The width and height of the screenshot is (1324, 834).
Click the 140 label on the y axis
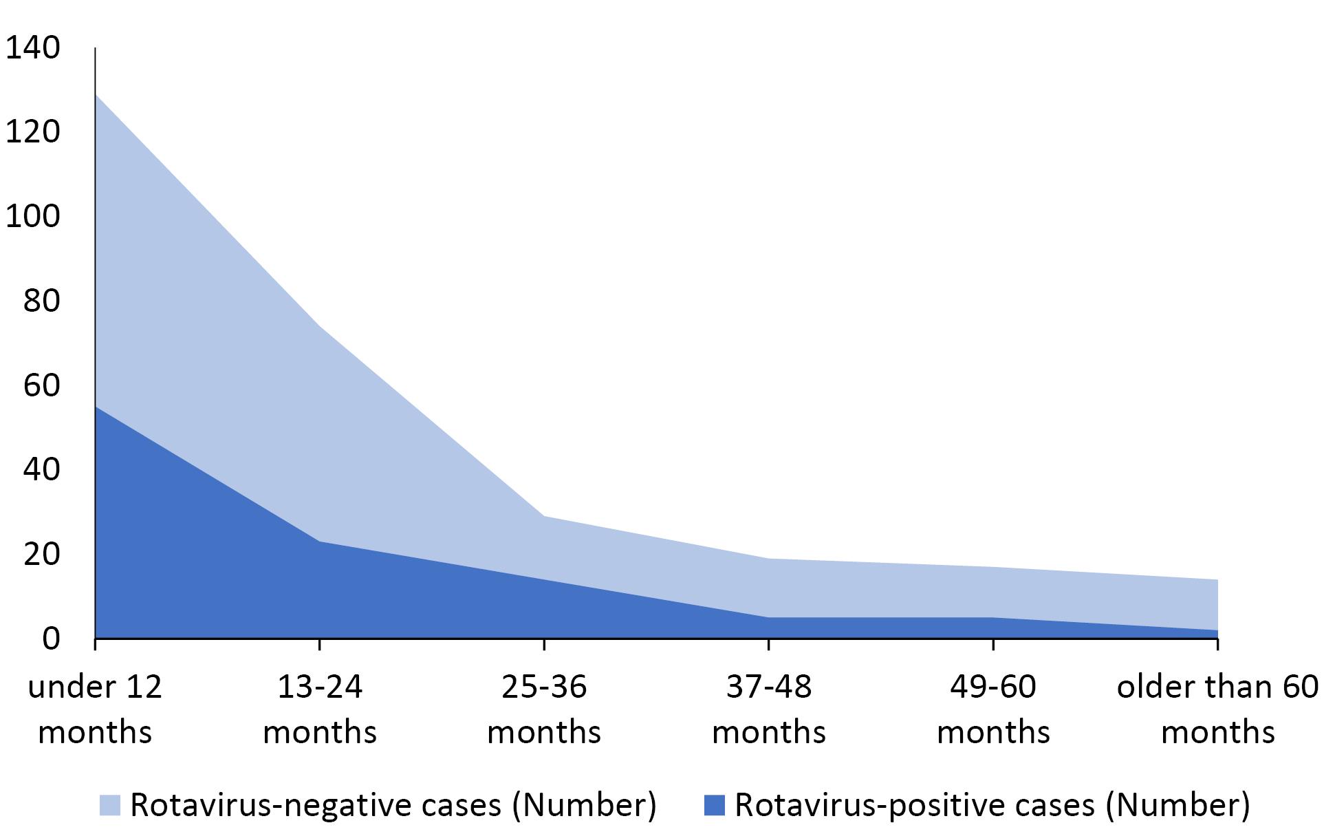32,48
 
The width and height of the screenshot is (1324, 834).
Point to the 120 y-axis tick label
32,132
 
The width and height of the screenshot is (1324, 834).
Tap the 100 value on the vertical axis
32,217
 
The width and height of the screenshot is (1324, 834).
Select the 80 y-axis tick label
41,301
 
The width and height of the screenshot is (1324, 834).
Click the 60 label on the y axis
41,385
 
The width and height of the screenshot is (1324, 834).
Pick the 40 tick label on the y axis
41,470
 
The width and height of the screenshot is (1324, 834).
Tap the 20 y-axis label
41,555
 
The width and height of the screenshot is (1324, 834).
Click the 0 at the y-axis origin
51,639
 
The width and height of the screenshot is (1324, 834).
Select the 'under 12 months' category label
95,709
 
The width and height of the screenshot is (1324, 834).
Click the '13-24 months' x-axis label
320,709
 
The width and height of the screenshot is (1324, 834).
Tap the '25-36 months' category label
544,709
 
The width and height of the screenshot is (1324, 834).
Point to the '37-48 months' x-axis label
769,709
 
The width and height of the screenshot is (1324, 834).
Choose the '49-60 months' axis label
993,709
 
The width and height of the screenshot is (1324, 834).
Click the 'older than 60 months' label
1218,709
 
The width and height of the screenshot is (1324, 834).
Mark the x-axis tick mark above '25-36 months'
544,644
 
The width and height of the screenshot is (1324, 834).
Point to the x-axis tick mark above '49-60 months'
993,644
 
